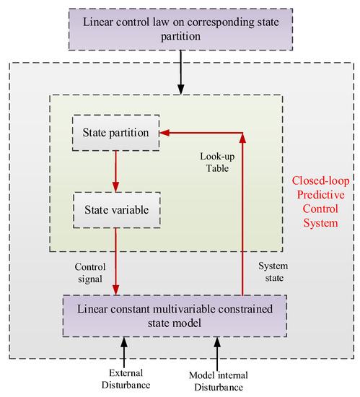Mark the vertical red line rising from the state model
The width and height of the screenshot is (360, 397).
point(242,217)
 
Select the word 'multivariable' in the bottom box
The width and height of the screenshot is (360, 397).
point(172,309)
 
